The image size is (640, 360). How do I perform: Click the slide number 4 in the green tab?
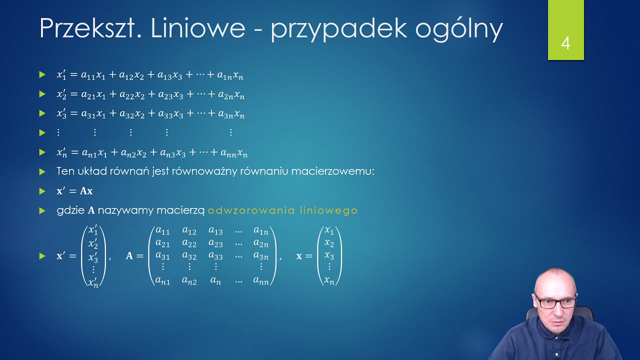565,43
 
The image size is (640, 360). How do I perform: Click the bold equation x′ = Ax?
74,191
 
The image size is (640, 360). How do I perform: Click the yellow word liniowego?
328,210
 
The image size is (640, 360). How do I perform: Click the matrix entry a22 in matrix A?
189,243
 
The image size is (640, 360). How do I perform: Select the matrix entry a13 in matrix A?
215,231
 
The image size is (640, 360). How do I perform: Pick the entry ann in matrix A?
260,281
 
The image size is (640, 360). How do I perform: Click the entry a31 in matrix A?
163,256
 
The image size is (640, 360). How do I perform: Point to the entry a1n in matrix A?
260,231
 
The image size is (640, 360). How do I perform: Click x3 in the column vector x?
329,255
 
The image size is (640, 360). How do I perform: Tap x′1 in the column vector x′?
93,231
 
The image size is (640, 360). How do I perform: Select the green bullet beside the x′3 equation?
42,113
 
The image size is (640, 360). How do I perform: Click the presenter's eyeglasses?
555,302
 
